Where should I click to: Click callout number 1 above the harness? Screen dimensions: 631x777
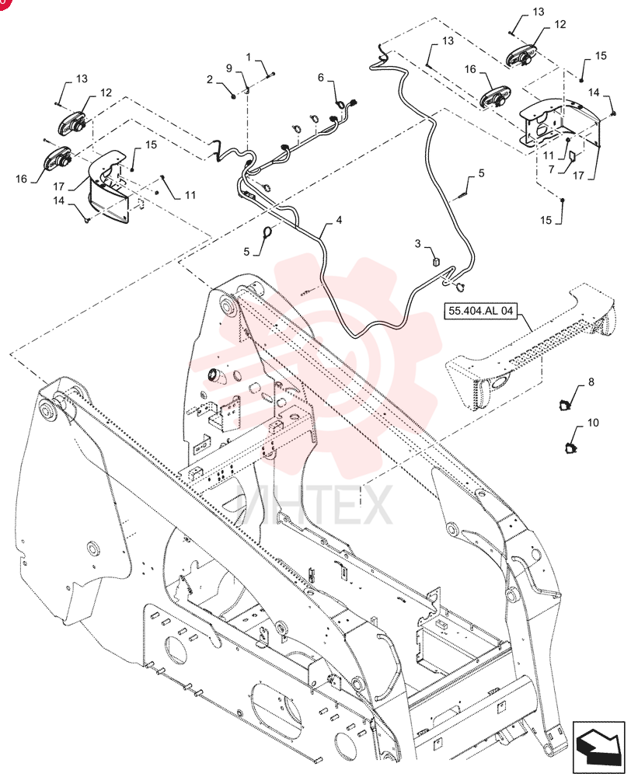(249, 57)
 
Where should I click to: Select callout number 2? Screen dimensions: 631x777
(210, 79)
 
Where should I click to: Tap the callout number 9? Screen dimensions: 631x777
(229, 68)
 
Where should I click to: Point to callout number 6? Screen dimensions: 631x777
(321, 77)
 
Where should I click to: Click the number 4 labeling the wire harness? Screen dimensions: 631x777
(339, 220)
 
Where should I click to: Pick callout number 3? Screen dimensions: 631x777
(418, 243)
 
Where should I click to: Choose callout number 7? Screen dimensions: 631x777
(551, 169)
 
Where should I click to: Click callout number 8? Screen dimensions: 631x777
(591, 382)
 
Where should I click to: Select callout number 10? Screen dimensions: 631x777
(593, 423)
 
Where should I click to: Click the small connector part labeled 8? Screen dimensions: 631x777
(564, 405)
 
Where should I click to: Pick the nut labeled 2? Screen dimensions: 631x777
(233, 95)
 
